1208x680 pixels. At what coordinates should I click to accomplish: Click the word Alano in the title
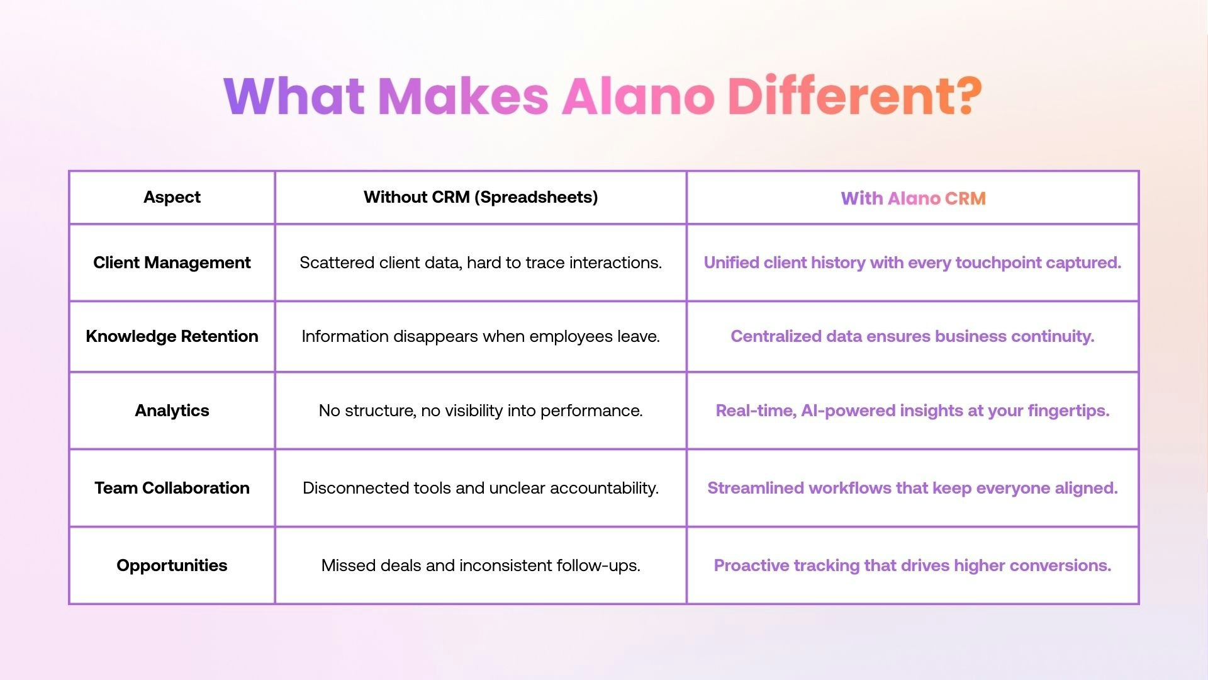[638, 96]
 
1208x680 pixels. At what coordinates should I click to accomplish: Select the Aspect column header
[172, 197]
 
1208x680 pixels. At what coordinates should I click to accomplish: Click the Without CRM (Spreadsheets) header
[481, 197]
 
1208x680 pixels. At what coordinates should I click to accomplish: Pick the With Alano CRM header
[913, 198]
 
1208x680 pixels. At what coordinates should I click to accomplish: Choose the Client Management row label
[172, 263]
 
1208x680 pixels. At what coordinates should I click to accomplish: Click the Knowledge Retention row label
[172, 336]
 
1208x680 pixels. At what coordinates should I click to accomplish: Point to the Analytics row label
[172, 411]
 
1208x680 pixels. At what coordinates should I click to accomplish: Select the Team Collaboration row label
[172, 488]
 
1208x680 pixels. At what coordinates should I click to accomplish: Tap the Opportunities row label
[172, 565]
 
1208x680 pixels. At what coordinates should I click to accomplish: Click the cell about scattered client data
[481, 263]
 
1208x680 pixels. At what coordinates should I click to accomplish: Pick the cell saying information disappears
[481, 336]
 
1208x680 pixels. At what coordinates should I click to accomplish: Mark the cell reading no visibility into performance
[481, 411]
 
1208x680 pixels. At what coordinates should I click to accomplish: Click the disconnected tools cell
[481, 488]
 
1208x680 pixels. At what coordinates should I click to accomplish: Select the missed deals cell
[481, 565]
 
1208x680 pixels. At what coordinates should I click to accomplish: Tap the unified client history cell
[912, 263]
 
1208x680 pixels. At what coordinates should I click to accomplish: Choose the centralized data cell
[912, 336]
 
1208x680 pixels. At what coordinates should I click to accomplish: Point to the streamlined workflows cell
[912, 488]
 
